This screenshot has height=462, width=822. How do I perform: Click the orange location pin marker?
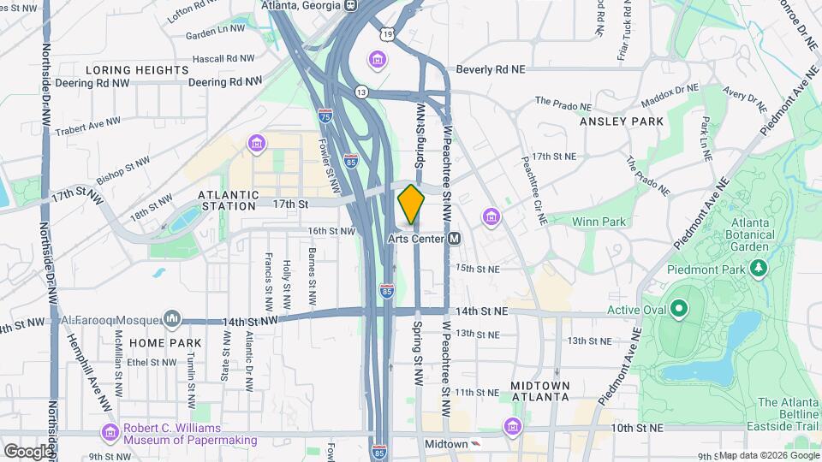[x=412, y=204]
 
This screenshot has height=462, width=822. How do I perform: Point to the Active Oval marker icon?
[x=679, y=308]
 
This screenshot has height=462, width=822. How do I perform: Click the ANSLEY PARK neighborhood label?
[x=621, y=121]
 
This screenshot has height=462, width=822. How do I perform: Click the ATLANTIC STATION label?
[x=227, y=200]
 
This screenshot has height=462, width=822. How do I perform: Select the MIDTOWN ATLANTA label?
[x=539, y=391]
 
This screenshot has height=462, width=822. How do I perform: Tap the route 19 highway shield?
[x=390, y=34]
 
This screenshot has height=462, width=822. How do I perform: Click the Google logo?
[x=28, y=451]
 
